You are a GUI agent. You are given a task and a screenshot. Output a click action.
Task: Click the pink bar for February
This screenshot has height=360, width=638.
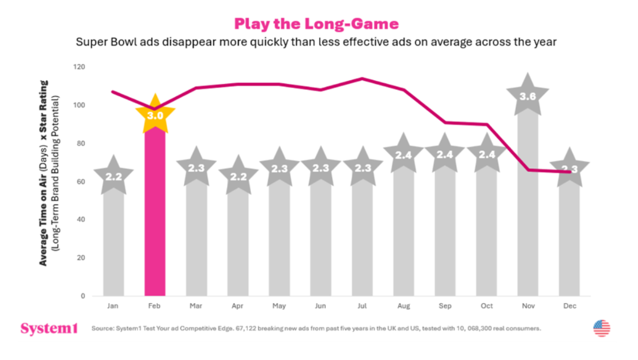point(155,213)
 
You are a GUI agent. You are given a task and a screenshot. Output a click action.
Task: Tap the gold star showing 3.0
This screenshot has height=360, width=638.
point(155,115)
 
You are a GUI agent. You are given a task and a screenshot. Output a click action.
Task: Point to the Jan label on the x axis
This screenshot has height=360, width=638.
point(113,306)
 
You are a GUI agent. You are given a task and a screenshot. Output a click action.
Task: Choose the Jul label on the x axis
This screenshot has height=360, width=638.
point(362,306)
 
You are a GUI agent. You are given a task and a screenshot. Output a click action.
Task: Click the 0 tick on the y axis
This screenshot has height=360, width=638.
point(83,296)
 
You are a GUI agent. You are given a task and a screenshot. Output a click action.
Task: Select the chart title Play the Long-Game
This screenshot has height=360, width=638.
point(316,24)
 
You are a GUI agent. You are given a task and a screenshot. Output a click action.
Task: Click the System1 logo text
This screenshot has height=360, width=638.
point(49,329)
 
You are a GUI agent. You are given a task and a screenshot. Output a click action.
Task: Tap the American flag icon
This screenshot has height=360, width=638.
point(602,328)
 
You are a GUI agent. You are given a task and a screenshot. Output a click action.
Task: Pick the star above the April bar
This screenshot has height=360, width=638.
point(238,175)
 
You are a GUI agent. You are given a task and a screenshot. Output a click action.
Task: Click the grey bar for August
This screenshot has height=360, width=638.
point(403,234)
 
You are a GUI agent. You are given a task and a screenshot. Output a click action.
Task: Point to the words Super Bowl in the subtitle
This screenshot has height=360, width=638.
point(100,42)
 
